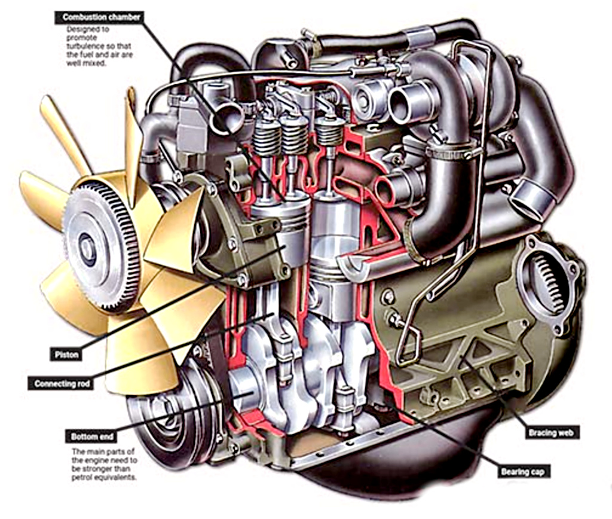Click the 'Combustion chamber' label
click(101, 17)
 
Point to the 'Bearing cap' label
click(524, 472)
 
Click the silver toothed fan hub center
click(88, 245)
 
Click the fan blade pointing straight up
click(132, 138)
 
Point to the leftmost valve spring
click(266, 141)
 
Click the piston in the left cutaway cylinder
click(281, 224)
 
